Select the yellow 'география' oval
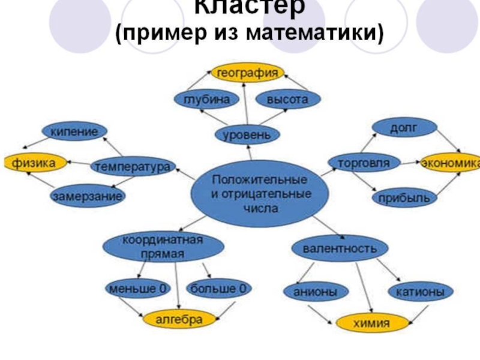coord(247,73)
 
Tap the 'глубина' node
coord(202,100)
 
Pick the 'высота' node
coord(287,100)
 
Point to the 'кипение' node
coord(74,131)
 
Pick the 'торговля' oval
coord(360,163)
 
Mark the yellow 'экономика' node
coord(450,163)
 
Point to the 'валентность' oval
coord(340,248)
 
